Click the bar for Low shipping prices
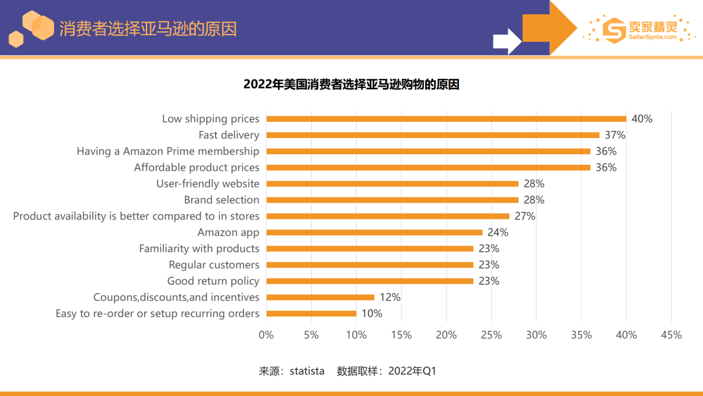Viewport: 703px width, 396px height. pyautogui.click(x=446, y=119)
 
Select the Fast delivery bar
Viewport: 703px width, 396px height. pyautogui.click(x=433, y=135)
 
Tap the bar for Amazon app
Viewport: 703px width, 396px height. pyautogui.click(x=374, y=233)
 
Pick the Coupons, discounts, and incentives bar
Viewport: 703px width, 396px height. pyautogui.click(x=320, y=297)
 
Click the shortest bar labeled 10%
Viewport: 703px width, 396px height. pyautogui.click(x=311, y=313)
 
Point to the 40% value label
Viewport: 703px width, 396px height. pyautogui.click(x=642, y=119)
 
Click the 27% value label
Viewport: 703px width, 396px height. pyautogui.click(x=525, y=216)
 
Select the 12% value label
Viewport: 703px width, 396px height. pyautogui.click(x=390, y=297)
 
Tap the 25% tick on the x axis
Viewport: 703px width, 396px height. pyautogui.click(x=491, y=335)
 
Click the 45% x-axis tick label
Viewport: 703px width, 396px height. pyautogui.click(x=671, y=335)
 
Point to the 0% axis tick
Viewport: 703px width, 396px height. pyautogui.click(x=266, y=335)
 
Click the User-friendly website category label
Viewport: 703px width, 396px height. pyautogui.click(x=208, y=184)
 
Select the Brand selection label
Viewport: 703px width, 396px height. pyautogui.click(x=221, y=200)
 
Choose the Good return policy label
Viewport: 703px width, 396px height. pyautogui.click(x=213, y=281)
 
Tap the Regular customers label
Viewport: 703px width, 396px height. pyautogui.click(x=214, y=264)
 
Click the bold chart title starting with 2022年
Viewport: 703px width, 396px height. pyautogui.click(x=351, y=85)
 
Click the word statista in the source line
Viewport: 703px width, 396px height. pyautogui.click(x=307, y=371)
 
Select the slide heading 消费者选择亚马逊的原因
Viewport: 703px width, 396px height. pyautogui.click(x=148, y=29)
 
